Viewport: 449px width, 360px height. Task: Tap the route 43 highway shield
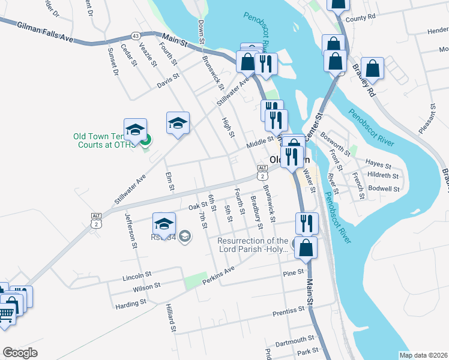pyautogui.click(x=136, y=37)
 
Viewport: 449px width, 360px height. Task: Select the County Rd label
pyautogui.click(x=377, y=18)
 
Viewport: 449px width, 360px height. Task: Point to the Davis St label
pyautogui.click(x=168, y=79)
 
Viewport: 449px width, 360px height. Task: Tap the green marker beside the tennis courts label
pyautogui.click(x=145, y=141)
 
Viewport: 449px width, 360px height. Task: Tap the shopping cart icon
pyautogui.click(x=6, y=313)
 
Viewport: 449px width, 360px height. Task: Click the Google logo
pyautogui.click(x=20, y=353)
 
